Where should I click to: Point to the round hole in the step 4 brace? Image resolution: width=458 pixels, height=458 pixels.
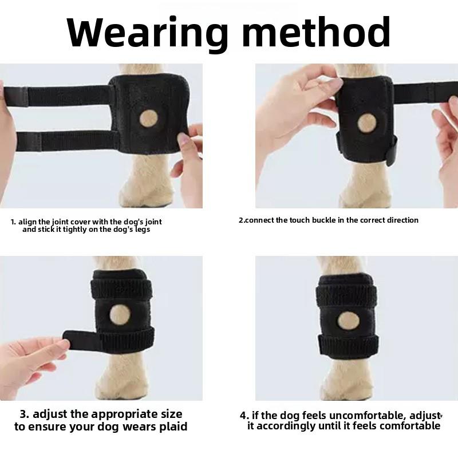[348, 319]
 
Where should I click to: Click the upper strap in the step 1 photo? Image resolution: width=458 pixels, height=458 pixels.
[63, 95]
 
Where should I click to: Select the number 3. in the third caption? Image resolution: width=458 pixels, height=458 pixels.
[25, 414]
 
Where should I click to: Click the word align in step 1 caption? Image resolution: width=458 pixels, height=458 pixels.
[28, 222]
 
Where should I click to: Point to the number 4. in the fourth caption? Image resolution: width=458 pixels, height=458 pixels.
[244, 415]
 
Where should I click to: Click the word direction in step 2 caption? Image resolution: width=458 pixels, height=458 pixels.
[400, 220]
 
